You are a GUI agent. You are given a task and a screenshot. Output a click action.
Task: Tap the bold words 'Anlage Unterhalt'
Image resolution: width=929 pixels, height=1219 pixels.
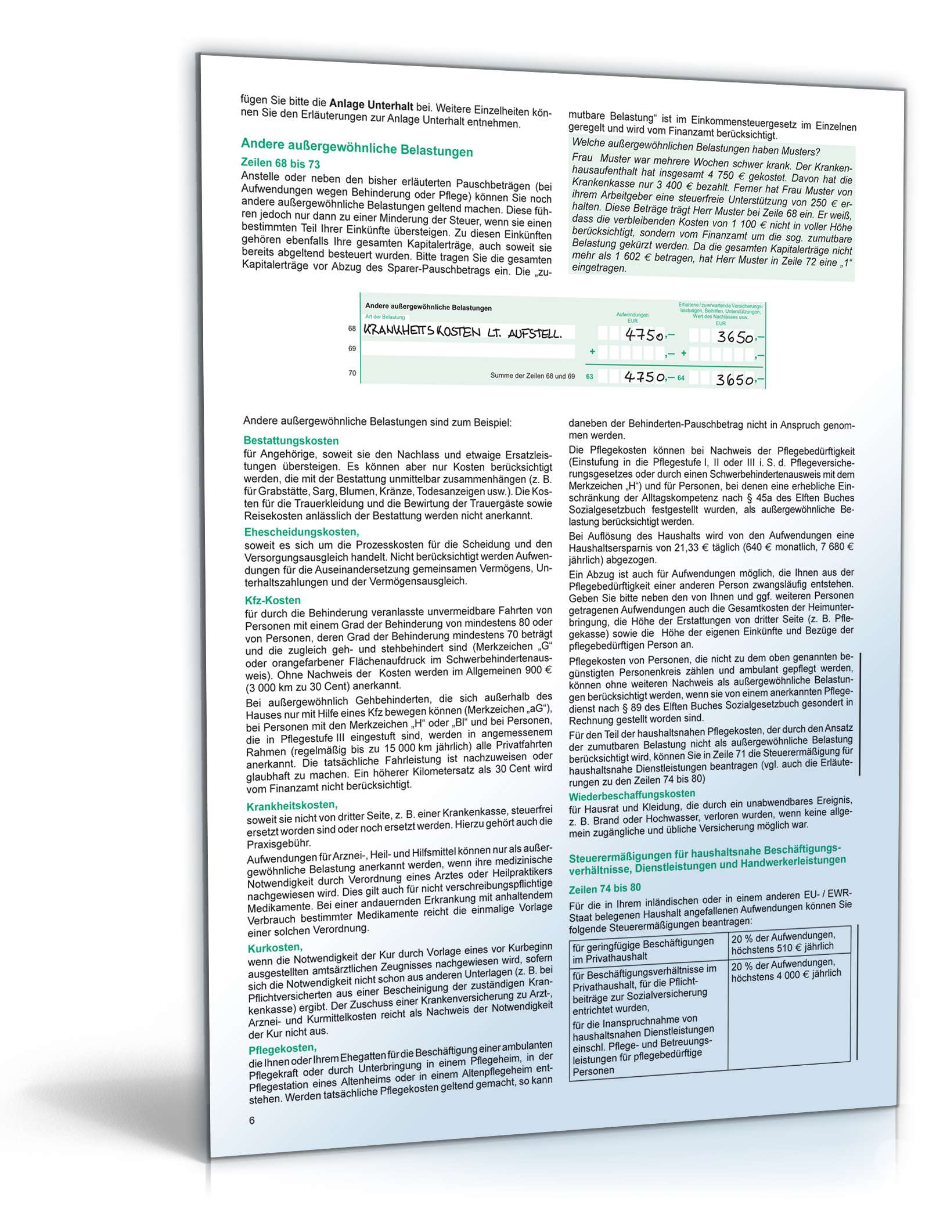click(371, 106)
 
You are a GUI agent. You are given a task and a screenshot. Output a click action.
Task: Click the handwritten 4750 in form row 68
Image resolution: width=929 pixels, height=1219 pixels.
click(644, 335)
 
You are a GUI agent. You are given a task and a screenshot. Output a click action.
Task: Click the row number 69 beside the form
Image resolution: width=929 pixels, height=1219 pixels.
click(352, 349)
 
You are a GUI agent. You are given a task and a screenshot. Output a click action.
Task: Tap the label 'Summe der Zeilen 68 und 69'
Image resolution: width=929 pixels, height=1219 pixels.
click(532, 376)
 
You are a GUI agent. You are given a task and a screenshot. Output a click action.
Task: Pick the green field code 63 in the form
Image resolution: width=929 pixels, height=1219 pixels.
click(590, 377)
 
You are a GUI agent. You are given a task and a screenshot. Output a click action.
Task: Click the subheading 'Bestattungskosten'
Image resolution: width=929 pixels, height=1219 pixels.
click(291, 441)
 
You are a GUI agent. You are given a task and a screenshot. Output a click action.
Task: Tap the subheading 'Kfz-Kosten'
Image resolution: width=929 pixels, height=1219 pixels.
click(273, 600)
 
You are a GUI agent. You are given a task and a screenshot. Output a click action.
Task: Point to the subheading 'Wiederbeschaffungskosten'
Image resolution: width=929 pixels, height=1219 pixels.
click(632, 794)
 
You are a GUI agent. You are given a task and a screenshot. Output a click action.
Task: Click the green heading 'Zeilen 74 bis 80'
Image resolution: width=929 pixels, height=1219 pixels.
click(605, 888)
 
